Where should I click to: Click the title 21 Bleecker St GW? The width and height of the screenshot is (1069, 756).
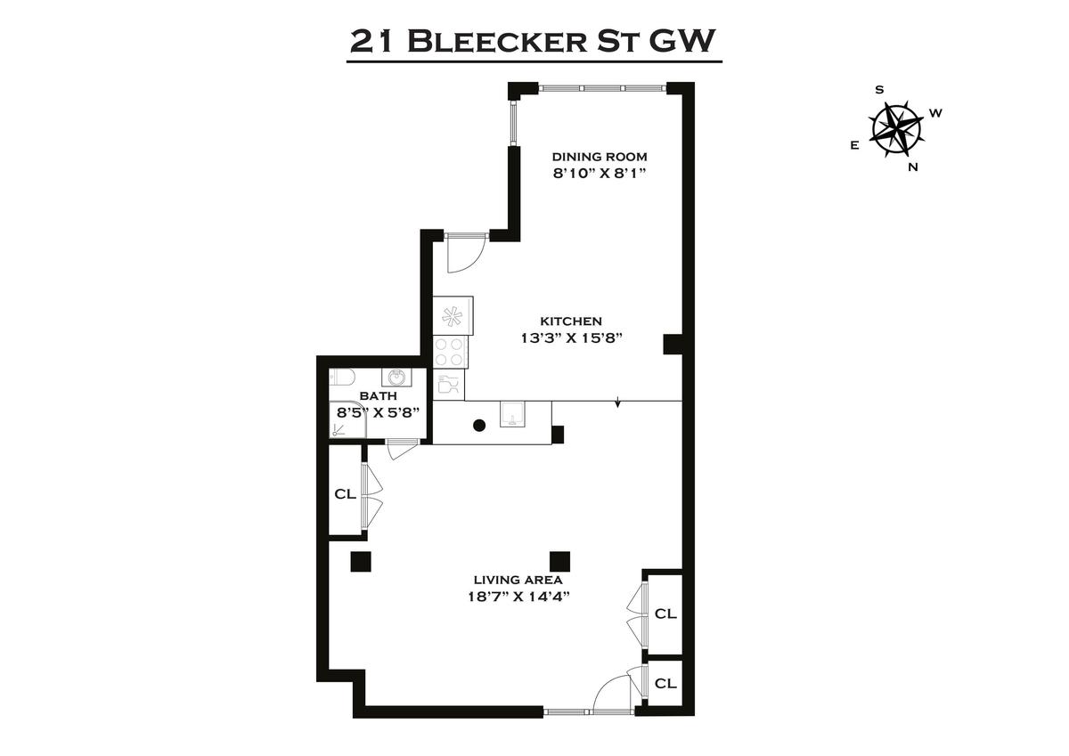533,42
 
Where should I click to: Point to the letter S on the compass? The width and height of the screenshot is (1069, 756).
879,90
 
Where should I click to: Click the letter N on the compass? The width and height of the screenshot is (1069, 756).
913,167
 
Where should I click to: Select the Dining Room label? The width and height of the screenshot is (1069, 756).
600,157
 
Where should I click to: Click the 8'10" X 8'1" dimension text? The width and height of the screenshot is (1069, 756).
600,173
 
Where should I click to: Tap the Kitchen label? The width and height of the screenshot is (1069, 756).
571,321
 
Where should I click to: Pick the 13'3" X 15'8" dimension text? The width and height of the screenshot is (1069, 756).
572,338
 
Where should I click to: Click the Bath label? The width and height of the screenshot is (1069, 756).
378,396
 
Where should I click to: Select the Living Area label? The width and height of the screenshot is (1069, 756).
518,580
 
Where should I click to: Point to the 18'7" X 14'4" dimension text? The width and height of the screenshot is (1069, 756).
519,597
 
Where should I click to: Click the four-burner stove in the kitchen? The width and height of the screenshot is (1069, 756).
451,352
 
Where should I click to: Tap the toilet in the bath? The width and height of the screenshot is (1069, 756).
341,378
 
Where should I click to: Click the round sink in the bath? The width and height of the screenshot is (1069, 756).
396,378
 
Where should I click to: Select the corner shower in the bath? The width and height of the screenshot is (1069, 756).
347,419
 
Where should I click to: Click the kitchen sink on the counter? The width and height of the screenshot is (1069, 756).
512,414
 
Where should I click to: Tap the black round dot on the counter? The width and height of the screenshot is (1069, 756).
479,426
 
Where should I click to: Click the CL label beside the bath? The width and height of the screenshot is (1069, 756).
345,494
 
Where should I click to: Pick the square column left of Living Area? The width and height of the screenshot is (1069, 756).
361,561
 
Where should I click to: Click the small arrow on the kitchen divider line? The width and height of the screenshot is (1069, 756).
617,402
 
